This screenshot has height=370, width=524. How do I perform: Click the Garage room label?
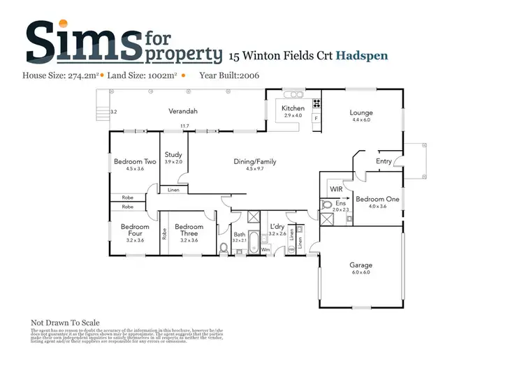click(361, 265)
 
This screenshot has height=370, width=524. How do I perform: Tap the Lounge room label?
click(362, 113)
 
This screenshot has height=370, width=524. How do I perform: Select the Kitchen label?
click(293, 109)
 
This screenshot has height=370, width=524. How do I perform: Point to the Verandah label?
click(183, 111)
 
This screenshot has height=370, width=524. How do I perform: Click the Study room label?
click(173, 154)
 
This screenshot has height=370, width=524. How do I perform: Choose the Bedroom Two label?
click(129, 161)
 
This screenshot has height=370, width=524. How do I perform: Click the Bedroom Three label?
click(189, 230)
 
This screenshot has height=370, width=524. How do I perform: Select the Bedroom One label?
click(377, 199)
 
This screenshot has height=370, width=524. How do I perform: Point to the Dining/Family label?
click(255, 161)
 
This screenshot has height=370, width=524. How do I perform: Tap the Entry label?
click(384, 161)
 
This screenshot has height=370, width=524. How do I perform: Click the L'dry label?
click(277, 226)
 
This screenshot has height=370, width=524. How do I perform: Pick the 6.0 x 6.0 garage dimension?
click(361, 272)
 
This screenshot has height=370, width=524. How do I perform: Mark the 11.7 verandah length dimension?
click(184, 126)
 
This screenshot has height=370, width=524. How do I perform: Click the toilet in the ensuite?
click(326, 206)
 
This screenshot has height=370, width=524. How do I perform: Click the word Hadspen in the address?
click(362, 55)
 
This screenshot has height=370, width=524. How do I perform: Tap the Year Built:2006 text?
click(229, 75)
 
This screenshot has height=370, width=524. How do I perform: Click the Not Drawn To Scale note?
click(65, 323)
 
